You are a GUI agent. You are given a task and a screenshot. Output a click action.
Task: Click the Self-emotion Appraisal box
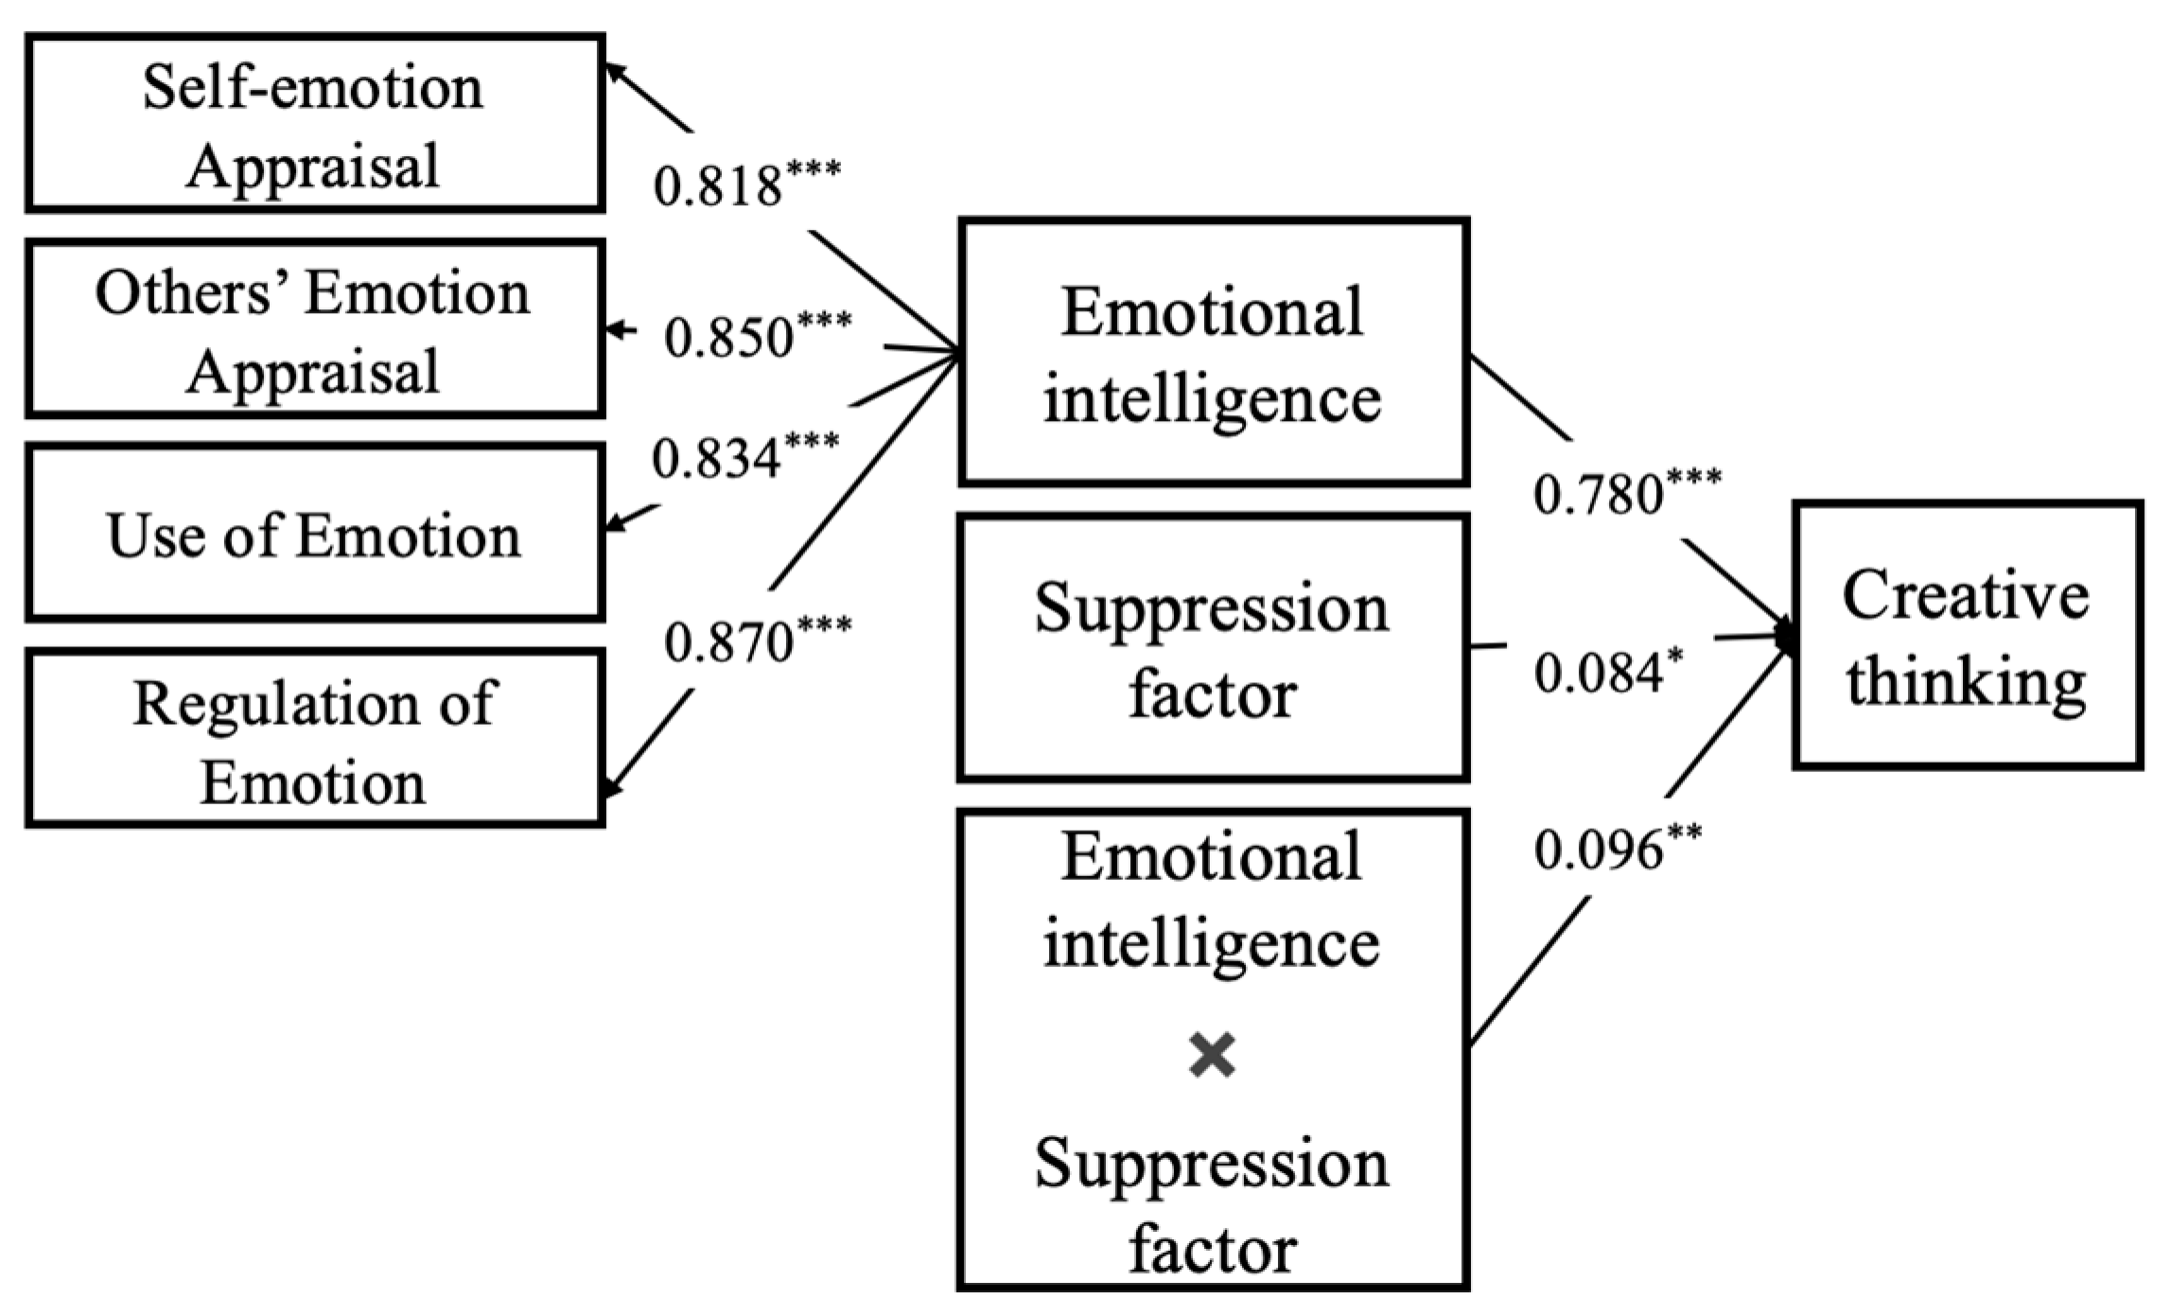(x=314, y=123)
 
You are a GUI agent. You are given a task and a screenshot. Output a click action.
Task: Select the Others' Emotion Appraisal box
(x=314, y=329)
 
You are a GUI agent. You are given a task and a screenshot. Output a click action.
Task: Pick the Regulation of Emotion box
(x=314, y=739)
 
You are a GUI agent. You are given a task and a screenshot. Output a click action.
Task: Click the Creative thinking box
(x=1967, y=635)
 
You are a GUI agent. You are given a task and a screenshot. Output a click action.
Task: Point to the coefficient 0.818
(x=717, y=185)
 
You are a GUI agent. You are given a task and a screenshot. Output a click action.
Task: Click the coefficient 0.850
(x=728, y=337)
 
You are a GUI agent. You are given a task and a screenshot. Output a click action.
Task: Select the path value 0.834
(x=716, y=458)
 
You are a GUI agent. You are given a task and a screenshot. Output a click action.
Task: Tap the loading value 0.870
(x=728, y=642)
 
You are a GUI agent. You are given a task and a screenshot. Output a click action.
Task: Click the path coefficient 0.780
(x=1598, y=494)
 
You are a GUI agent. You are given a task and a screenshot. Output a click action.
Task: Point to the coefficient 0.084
(x=1599, y=673)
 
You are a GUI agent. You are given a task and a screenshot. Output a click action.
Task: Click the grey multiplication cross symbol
(x=1213, y=1056)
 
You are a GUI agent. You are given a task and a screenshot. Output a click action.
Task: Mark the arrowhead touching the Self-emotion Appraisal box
(x=613, y=72)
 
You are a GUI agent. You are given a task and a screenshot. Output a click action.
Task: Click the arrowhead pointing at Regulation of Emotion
(x=612, y=786)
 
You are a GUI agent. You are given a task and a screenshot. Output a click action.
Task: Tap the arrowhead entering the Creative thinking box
(x=1785, y=635)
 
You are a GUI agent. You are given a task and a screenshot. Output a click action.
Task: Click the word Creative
(x=1966, y=596)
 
